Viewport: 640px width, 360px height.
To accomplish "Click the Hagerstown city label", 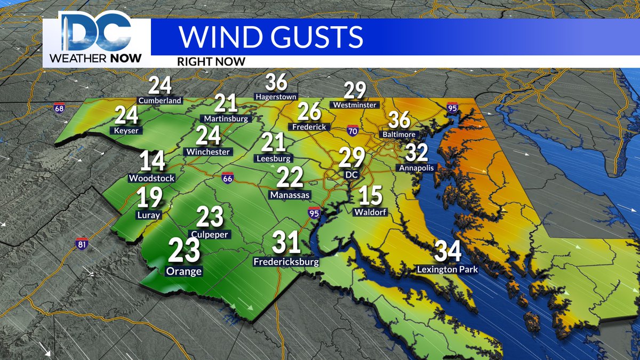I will [x=276, y=97].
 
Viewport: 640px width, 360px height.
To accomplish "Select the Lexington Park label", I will [x=447, y=269].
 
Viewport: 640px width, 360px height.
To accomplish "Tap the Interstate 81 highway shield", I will [x=82, y=243].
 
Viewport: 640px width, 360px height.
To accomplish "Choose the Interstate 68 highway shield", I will [x=59, y=108].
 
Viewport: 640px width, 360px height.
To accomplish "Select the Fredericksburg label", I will [x=286, y=262].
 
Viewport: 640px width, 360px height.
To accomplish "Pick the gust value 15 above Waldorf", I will [x=371, y=195].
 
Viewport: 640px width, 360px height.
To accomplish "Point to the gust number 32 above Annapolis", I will [x=417, y=153].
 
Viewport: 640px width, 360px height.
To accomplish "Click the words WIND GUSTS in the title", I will [x=270, y=36].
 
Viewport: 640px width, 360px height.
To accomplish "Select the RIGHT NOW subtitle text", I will [x=211, y=61].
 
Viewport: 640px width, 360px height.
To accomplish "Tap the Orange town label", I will [x=184, y=271].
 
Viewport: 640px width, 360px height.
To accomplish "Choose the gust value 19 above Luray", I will [x=149, y=198].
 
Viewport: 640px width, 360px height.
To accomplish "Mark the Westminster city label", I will [x=355, y=105].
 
